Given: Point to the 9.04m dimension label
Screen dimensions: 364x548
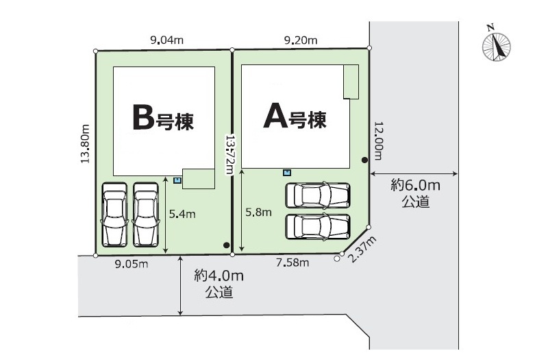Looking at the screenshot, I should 166,40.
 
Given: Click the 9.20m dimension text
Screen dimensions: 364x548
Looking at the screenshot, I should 300,40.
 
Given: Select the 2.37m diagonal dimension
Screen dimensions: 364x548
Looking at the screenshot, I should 362,249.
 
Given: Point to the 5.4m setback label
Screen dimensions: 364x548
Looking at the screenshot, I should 182,214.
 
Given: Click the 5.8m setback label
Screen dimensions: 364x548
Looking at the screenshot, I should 258,213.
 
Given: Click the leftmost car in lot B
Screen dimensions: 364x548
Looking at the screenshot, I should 113,214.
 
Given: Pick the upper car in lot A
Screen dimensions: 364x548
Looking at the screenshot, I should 317,195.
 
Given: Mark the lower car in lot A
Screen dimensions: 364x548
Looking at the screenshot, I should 317,226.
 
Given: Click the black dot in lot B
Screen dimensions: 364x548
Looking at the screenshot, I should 225,245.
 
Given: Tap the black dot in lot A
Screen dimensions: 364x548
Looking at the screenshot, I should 364,160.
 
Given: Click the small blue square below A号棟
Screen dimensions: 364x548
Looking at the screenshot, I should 287,172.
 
